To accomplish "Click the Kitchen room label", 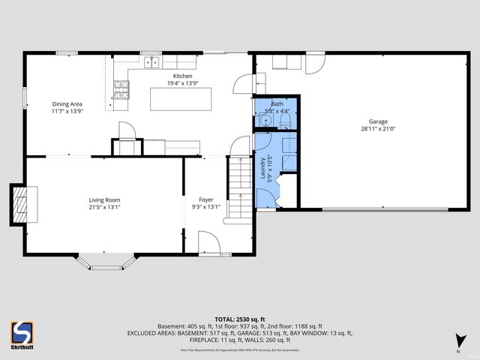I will (182, 76).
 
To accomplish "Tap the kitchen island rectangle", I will (181, 99).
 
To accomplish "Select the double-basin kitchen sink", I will (152, 62).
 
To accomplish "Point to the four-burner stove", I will (121, 90).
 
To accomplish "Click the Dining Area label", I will (67, 104).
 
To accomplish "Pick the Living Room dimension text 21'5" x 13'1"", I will (104, 207).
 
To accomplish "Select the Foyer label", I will (206, 199).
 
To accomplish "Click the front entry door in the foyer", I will (208, 243).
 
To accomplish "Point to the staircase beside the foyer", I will (238, 187).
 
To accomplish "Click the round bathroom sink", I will (265, 120).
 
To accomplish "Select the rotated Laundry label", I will (262, 169).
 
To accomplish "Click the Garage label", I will (377, 121).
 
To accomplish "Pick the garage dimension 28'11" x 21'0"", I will (377, 129).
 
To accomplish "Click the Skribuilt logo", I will (22, 334).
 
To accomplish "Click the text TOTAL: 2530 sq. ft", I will (239, 319).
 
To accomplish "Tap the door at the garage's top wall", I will (315, 62).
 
